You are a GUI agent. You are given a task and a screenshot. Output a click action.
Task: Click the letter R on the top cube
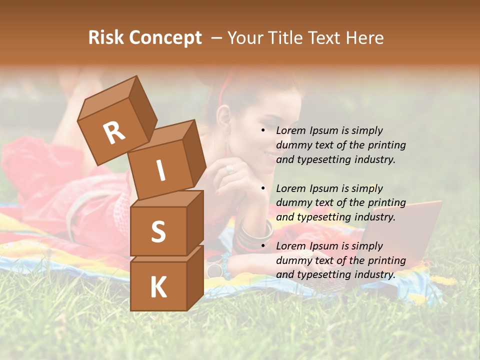[x=114, y=132]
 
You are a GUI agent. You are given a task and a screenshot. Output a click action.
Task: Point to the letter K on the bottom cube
[x=158, y=287]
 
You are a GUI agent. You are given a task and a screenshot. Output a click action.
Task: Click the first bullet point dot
[x=263, y=130]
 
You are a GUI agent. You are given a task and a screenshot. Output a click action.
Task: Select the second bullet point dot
[x=263, y=188]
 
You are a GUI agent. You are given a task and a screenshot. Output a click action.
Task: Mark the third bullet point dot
[x=263, y=246]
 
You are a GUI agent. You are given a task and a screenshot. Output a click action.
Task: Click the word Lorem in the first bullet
[x=290, y=130]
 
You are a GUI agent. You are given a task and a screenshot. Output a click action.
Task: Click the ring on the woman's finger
[x=230, y=169]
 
